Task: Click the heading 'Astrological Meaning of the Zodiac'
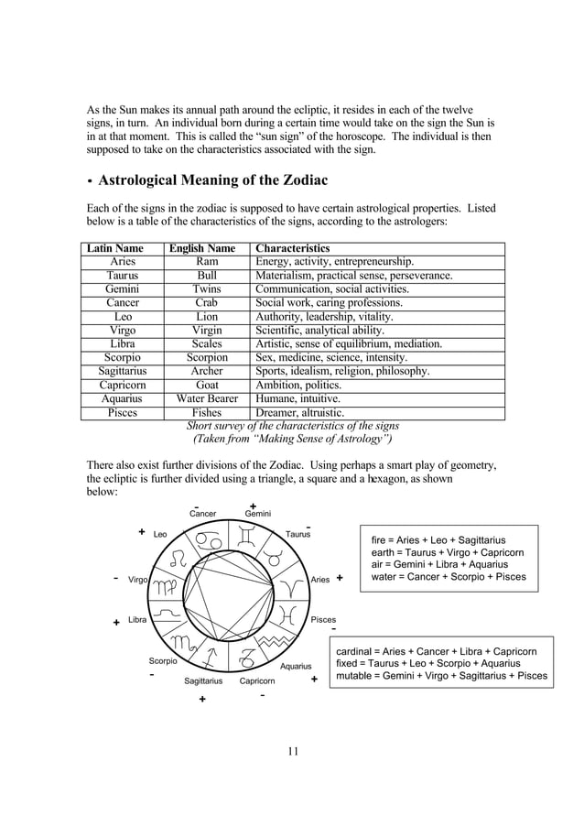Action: tap(213, 180)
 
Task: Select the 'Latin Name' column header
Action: tap(115, 248)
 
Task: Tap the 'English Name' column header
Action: tap(202, 248)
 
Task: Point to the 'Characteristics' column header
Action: tap(293, 248)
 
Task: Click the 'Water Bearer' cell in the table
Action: tap(207, 398)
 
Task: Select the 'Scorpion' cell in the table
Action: tap(207, 357)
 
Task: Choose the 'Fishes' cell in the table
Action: tap(207, 412)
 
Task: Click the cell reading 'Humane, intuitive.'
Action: tap(297, 398)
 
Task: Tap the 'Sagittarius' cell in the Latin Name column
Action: tap(123, 371)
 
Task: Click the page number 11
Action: tap(293, 752)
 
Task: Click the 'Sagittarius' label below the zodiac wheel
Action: tap(203, 681)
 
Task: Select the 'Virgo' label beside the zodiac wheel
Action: tap(138, 580)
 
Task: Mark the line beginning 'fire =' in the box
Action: tap(438, 540)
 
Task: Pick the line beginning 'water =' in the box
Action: tap(449, 577)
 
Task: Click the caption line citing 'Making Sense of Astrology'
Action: tap(292, 439)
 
